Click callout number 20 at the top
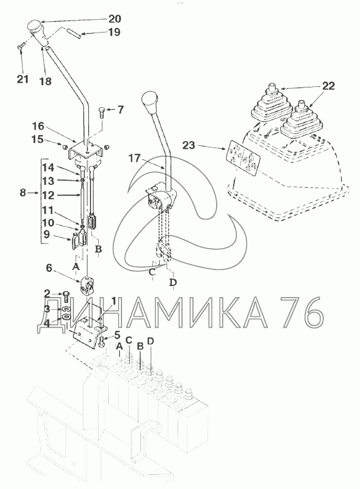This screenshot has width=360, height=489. [114, 19]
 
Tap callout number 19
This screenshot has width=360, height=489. [114, 32]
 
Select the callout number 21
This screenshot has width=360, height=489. [22, 79]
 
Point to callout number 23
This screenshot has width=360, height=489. [188, 145]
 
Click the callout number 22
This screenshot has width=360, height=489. [328, 86]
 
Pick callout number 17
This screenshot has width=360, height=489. [135, 158]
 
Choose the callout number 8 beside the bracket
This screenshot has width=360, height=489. [23, 193]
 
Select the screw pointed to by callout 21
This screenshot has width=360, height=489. [20, 48]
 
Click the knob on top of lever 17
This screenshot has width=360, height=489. [149, 102]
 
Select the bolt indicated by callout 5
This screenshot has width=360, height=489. [102, 342]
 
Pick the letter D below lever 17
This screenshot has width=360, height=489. [173, 282]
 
